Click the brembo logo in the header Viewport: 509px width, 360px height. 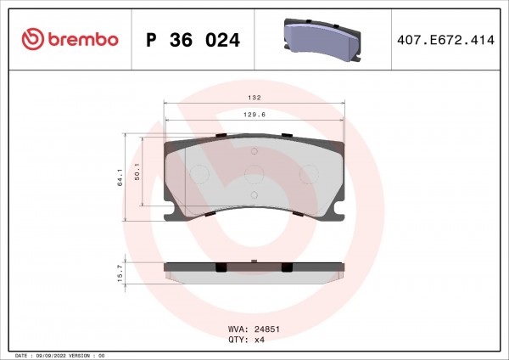coord(70,39)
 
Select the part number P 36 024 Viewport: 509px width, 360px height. coord(193,40)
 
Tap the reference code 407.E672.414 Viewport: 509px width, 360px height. coord(445,40)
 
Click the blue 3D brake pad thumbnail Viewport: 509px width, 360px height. coord(322,39)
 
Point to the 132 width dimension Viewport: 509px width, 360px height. coord(255,98)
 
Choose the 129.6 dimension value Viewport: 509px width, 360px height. coord(255,115)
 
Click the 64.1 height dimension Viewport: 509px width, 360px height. coord(120,177)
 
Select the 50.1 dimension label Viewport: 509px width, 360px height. coord(137,172)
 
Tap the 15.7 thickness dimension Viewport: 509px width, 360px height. coord(120,273)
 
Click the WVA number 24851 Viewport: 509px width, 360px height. coord(267,329)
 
